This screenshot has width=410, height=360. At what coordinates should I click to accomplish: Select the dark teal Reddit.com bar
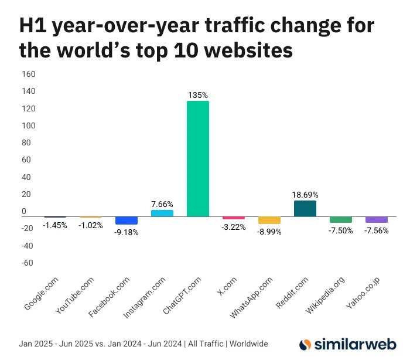pyautogui.click(x=305, y=209)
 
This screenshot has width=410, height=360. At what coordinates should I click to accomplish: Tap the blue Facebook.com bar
pyautogui.click(x=127, y=220)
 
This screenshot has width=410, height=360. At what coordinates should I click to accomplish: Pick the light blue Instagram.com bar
pyautogui.click(x=162, y=213)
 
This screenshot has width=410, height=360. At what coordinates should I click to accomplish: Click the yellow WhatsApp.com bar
pyautogui.click(x=269, y=220)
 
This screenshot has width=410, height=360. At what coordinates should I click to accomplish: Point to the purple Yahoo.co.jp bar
pyautogui.click(x=377, y=219)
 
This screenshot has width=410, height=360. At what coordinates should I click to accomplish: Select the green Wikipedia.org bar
pyautogui.click(x=341, y=219)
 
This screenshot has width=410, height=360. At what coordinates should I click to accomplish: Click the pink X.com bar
pyautogui.click(x=234, y=218)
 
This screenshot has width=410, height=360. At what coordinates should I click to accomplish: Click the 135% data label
pyautogui.click(x=198, y=94)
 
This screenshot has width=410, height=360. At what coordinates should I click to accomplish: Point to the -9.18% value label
pyautogui.click(x=127, y=232)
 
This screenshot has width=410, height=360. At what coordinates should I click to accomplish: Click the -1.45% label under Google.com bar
pyautogui.click(x=55, y=225)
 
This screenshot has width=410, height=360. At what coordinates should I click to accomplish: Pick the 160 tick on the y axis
pyautogui.click(x=28, y=74)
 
